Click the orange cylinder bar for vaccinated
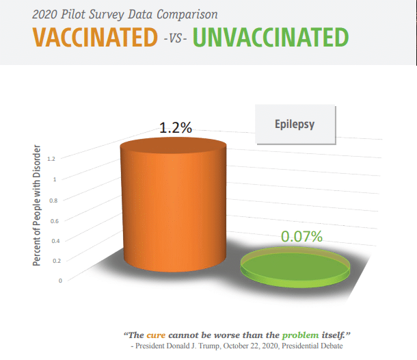tap(174, 205)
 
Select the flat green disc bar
tap(295, 267)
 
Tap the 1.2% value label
tap(176, 127)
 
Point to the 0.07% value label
tap(302, 236)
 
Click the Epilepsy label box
tap(295, 125)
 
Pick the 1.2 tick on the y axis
tap(51, 159)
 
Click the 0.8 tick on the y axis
tap(53, 201)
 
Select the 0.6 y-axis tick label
tap(55, 221)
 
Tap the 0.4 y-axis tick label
tap(56, 241)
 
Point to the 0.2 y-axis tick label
tap(57, 261)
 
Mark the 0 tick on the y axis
tap(60, 281)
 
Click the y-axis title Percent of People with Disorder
tap(37, 205)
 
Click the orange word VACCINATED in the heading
tap(95, 37)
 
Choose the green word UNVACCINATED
tap(271, 37)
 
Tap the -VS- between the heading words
tap(175, 39)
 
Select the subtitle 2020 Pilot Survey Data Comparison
tap(125, 14)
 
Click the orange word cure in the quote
tap(156, 335)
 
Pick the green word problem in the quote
tap(301, 335)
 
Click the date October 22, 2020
tap(251, 346)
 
